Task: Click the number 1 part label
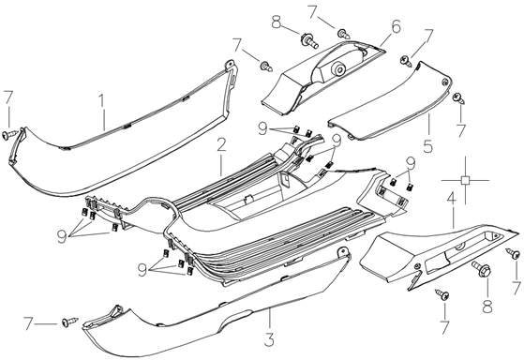(x=102, y=103)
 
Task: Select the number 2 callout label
(x=221, y=144)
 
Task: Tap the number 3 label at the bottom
(x=269, y=339)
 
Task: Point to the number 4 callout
(x=451, y=201)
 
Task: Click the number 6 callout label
(x=396, y=26)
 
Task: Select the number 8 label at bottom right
(x=487, y=306)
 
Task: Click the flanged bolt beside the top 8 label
(x=309, y=40)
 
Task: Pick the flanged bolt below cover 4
(x=481, y=268)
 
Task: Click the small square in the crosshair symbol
(x=465, y=180)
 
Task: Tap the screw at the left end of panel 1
(x=9, y=134)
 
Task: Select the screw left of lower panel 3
(x=69, y=322)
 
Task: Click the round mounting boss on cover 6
(x=338, y=69)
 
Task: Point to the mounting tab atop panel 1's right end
(x=231, y=64)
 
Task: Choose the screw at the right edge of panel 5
(x=458, y=98)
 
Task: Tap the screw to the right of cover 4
(x=514, y=253)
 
